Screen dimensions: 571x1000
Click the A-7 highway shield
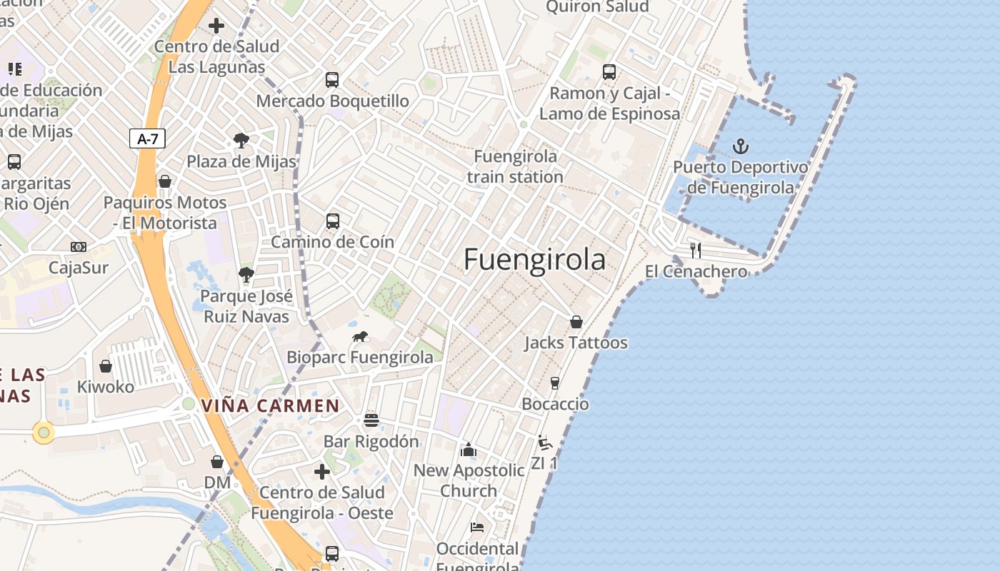click(147, 138)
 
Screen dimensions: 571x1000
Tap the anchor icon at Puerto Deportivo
click(741, 147)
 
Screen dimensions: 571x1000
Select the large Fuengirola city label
click(534, 259)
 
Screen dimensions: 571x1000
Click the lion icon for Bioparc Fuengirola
click(360, 336)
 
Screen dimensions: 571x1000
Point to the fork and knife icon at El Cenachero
click(696, 250)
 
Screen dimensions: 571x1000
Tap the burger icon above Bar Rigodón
click(371, 420)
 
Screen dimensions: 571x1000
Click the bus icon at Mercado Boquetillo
click(332, 79)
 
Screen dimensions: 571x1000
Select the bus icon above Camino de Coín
click(333, 221)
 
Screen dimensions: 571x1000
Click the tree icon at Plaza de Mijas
click(241, 141)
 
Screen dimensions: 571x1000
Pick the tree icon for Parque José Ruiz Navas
click(246, 275)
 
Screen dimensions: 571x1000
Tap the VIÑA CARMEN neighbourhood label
click(270, 406)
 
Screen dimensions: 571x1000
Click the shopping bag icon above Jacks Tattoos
click(576, 322)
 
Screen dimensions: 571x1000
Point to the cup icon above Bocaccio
click(555, 383)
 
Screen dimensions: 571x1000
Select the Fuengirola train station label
click(516, 166)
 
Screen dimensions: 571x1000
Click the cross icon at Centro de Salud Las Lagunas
click(216, 26)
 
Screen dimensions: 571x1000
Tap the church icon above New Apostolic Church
click(469, 449)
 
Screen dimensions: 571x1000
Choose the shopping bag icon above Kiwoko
click(106, 366)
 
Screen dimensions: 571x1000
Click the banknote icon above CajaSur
click(79, 247)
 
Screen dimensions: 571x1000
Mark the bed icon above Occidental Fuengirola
click(477, 527)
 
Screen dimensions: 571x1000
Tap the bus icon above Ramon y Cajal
click(609, 72)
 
